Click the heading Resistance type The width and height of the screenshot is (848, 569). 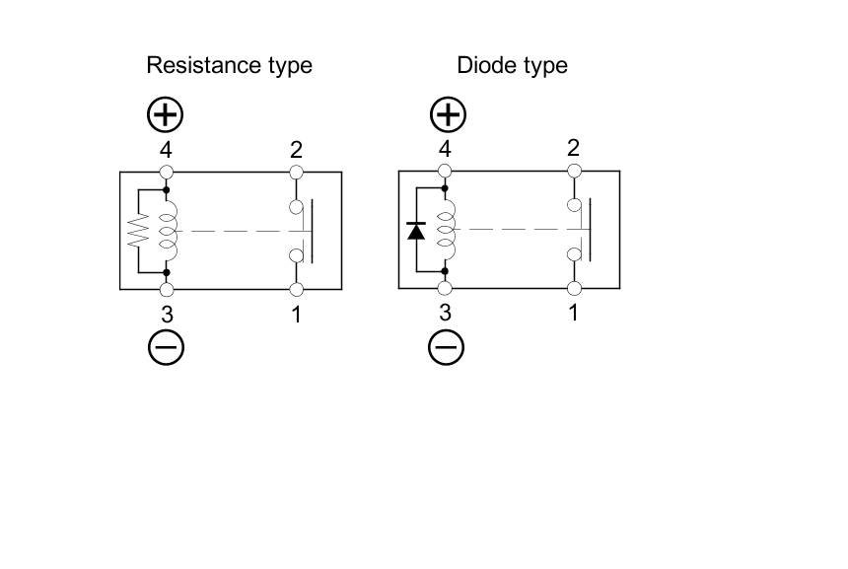pyautogui.click(x=229, y=66)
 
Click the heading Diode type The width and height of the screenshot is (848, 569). pyautogui.click(x=512, y=66)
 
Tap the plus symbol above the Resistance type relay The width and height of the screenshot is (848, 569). pyautogui.click(x=166, y=114)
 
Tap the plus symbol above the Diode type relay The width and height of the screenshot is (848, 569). pyautogui.click(x=447, y=114)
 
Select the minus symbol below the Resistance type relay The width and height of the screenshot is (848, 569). pyautogui.click(x=166, y=346)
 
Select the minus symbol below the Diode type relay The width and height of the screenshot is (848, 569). pyautogui.click(x=447, y=346)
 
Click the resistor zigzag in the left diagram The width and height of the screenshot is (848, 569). pyautogui.click(x=138, y=231)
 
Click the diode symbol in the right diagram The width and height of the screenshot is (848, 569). pyautogui.click(x=416, y=231)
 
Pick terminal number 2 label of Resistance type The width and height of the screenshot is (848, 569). pyautogui.click(x=296, y=150)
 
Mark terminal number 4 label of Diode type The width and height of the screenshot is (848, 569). pyautogui.click(x=446, y=150)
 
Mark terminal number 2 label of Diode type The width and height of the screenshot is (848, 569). pyautogui.click(x=574, y=149)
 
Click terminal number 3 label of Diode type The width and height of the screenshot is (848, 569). pyautogui.click(x=446, y=314)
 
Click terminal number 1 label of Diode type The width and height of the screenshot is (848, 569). pyautogui.click(x=574, y=314)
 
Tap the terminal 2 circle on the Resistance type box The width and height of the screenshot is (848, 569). pyautogui.click(x=296, y=173)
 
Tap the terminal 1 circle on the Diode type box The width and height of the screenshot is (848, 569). pyautogui.click(x=574, y=289)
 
